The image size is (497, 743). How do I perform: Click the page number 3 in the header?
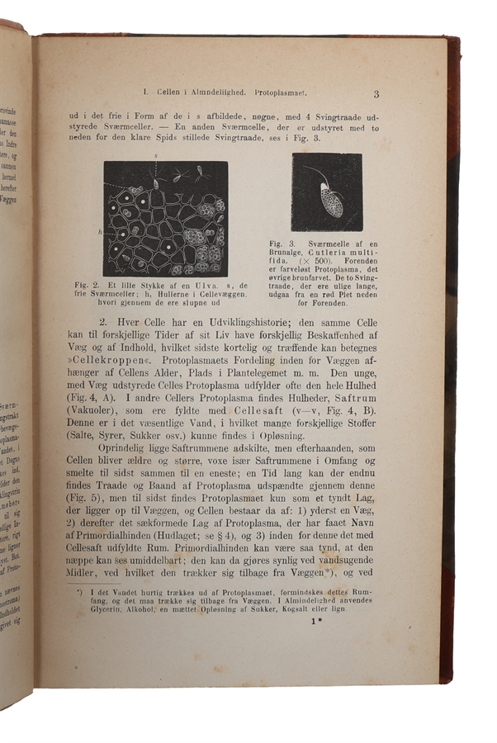(x=376, y=94)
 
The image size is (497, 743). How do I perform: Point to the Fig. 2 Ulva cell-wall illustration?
(x=165, y=219)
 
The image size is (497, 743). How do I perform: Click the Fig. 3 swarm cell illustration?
(x=326, y=192)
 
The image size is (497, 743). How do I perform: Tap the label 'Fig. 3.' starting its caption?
(x=284, y=244)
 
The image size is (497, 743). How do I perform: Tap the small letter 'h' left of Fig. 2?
(x=98, y=233)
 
